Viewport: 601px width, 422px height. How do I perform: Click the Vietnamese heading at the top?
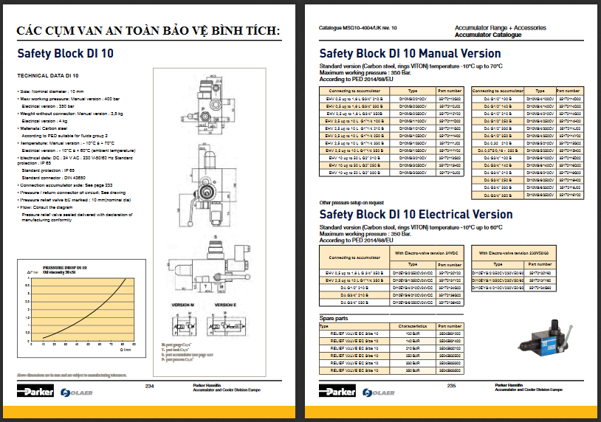point(148,30)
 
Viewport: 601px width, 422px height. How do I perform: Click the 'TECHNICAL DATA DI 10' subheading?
point(48,76)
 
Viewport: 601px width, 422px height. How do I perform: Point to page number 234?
point(149,386)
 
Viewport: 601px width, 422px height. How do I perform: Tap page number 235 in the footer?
point(452,386)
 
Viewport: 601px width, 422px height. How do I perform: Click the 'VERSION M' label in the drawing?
point(182,305)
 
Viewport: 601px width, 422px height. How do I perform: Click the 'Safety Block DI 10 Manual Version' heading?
point(410,53)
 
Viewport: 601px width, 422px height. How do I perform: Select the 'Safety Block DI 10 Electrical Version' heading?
point(416,214)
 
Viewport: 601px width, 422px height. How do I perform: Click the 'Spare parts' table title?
point(333,319)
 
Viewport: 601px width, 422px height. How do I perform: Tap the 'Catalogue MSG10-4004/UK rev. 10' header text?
point(358,27)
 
